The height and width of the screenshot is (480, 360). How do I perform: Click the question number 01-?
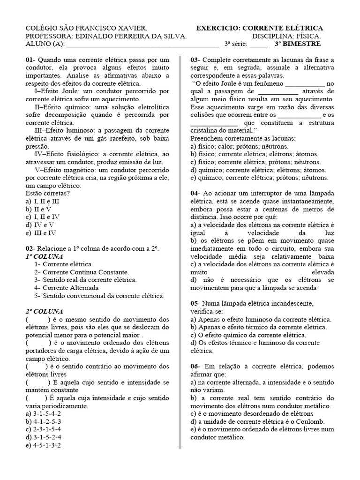pyautogui.click(x=30, y=60)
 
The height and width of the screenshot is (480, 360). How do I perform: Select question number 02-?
pyautogui.click(x=30, y=248)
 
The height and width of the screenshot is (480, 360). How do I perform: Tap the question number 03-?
pyautogui.click(x=195, y=60)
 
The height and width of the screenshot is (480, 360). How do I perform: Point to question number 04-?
pyautogui.click(x=195, y=193)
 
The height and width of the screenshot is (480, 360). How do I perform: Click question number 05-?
pyautogui.click(x=195, y=304)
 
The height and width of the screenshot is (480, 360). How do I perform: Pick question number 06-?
pyautogui.click(x=195, y=367)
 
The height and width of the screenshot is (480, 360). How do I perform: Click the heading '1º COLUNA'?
pyautogui.click(x=44, y=256)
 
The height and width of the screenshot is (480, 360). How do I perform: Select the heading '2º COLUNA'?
pyautogui.click(x=44, y=311)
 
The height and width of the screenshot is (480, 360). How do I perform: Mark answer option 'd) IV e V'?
pyautogui.click(x=40, y=225)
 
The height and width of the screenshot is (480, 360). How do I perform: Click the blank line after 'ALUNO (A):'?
pyautogui.click(x=143, y=45)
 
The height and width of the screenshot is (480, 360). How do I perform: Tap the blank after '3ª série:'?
pyautogui.click(x=258, y=45)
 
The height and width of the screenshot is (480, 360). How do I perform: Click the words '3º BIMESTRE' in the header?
pyautogui.click(x=298, y=44)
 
